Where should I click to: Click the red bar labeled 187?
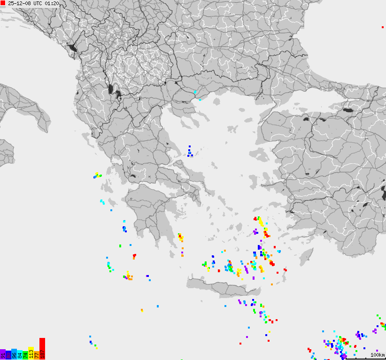(42, 349)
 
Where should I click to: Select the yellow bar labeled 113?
(31, 353)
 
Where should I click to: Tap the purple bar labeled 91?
(3, 355)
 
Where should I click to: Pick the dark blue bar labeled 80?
(8, 355)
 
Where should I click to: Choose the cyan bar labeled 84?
(20, 355)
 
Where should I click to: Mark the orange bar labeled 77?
(37, 354)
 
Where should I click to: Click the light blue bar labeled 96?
(14, 354)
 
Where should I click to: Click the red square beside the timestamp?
(3, 3)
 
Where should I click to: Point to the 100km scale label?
(377, 355)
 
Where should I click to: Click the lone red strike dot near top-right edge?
(383, 27)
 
